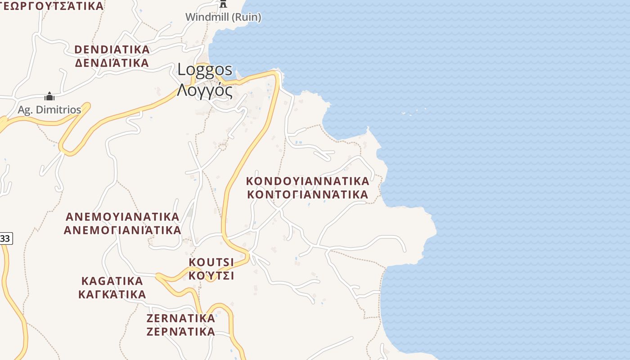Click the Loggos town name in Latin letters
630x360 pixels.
click(205, 70)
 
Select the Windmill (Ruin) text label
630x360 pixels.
click(223, 17)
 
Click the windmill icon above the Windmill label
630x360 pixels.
click(223, 4)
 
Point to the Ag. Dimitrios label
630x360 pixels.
click(49, 110)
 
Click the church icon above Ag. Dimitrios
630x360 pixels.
click(49, 97)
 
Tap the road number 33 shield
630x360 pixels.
click(5, 238)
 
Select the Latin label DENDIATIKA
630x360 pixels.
click(112, 49)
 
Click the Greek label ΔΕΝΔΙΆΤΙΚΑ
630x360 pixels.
click(112, 63)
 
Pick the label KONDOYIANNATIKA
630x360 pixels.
click(308, 181)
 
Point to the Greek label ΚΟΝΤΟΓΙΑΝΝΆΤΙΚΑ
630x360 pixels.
click(308, 194)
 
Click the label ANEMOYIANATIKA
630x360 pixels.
click(122, 216)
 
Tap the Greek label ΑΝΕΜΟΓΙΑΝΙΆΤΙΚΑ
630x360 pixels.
click(122, 230)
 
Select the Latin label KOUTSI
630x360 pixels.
click(211, 262)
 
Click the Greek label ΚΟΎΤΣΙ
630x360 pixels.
click(211, 275)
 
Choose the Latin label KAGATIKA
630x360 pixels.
click(112, 281)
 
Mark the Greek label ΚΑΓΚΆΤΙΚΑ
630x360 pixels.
click(112, 294)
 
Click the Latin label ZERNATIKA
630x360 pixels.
click(181, 318)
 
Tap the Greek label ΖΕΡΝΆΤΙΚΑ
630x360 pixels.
click(181, 332)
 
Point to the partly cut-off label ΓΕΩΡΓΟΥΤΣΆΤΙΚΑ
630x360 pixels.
click(52, 5)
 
